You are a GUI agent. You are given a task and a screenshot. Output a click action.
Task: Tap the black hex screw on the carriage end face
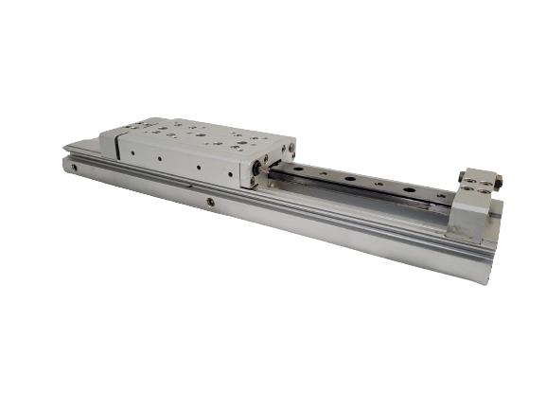(x=256, y=169)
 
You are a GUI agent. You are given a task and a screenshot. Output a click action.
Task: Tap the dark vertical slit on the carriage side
(x=116, y=144)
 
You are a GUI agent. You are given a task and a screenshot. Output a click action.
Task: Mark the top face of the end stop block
(x=478, y=183)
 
